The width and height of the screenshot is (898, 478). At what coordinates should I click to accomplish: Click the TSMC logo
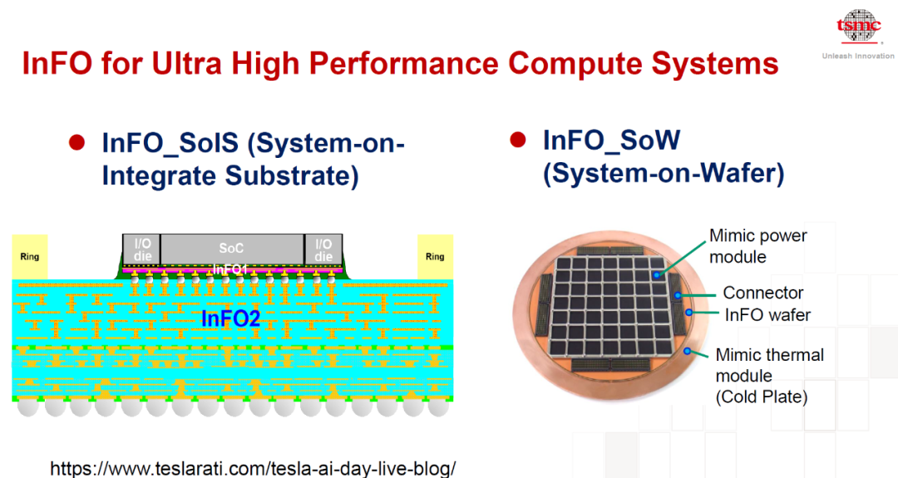(858, 27)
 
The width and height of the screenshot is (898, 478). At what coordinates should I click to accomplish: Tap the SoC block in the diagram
(231, 249)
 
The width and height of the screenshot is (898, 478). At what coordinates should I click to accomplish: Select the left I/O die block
(142, 249)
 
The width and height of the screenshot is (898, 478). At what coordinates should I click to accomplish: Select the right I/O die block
(323, 249)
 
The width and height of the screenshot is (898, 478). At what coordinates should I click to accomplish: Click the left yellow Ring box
(29, 257)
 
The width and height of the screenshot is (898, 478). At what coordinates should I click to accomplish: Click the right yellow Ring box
(435, 257)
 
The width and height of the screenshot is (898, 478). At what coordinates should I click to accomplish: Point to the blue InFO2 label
(231, 318)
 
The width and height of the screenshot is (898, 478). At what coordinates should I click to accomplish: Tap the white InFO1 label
(229, 269)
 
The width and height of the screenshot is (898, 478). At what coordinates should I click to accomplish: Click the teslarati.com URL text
(253, 468)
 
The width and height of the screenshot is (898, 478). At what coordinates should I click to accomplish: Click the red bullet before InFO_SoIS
(76, 142)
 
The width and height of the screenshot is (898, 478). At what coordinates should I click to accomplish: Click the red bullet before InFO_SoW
(518, 140)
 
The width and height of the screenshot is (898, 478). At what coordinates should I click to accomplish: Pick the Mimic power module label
(757, 246)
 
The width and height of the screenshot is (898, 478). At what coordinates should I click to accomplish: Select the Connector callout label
(762, 293)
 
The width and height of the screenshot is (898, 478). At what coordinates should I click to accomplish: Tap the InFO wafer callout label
(768, 315)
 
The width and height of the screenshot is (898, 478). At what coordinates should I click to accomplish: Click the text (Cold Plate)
(762, 397)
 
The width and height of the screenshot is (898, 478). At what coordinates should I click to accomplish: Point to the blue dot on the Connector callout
(678, 295)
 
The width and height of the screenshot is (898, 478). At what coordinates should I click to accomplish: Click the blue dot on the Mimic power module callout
(657, 275)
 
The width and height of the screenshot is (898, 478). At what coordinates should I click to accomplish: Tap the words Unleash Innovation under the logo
(858, 56)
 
